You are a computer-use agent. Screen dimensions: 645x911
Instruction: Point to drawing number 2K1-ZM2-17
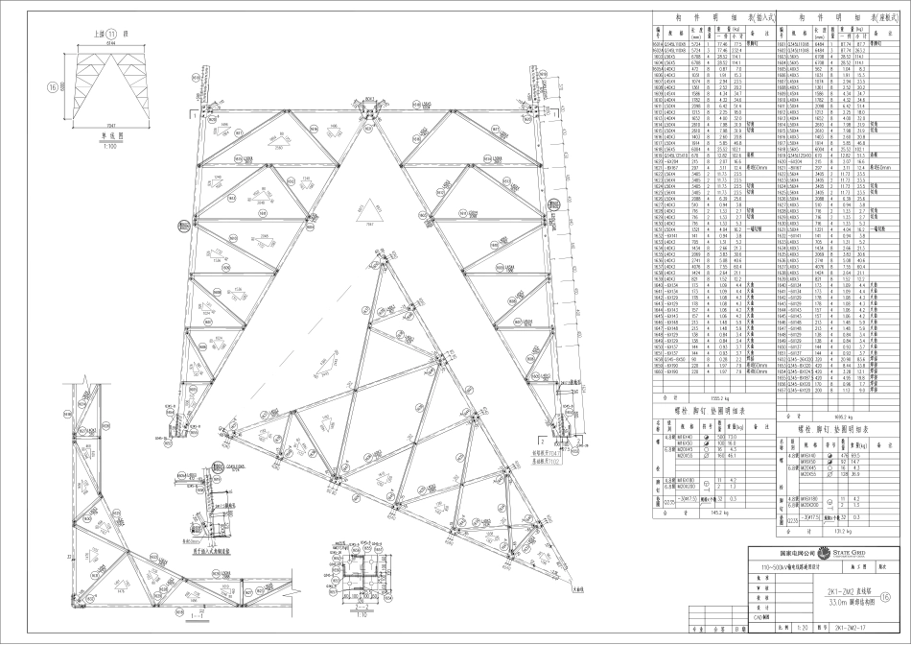click(x=848, y=631)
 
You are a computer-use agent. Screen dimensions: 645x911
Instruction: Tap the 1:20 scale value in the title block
click(x=799, y=631)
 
